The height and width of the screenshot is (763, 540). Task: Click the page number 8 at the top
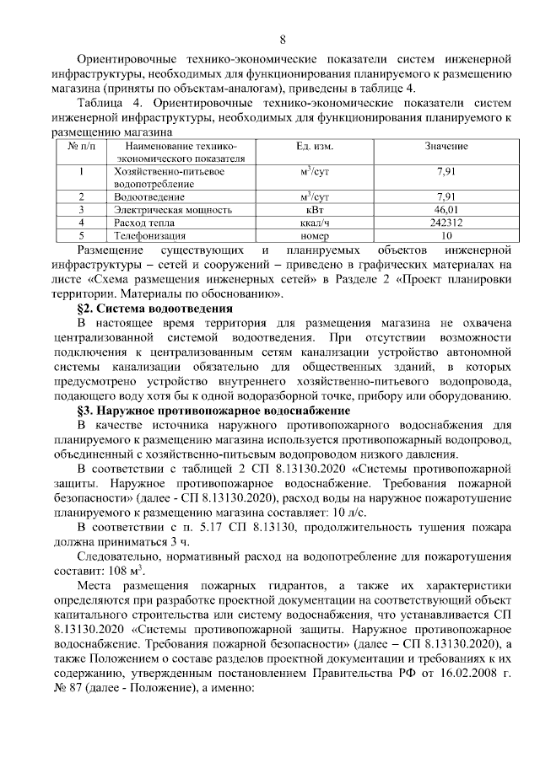click(283, 40)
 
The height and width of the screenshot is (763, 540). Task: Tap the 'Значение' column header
click(445, 146)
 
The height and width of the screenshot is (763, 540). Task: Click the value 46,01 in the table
click(445, 208)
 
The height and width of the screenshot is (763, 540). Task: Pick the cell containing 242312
click(445, 222)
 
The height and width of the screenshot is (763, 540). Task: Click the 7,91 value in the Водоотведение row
click(445, 196)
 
